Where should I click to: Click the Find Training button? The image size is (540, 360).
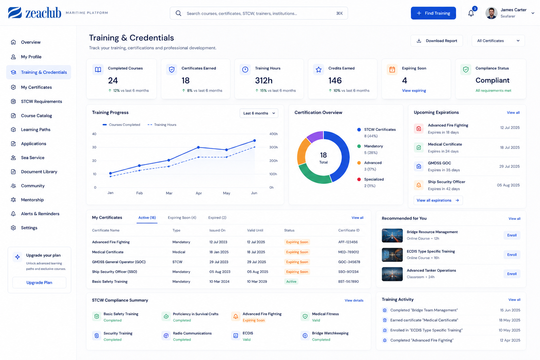point(433,13)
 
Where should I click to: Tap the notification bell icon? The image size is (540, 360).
point(471,13)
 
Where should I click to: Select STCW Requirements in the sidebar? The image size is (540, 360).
point(41,101)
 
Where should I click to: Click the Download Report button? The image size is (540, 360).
point(437,41)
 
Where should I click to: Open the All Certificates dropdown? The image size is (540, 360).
point(498,41)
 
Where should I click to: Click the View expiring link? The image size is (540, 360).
point(414,90)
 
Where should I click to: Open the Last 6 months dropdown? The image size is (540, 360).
point(259,113)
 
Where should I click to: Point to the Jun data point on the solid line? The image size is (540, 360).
point(255,141)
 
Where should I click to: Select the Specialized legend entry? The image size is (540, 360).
point(374,182)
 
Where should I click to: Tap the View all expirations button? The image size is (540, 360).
point(438,200)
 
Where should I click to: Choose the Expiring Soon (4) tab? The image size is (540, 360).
point(182,218)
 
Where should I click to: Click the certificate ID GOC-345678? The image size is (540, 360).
point(349,262)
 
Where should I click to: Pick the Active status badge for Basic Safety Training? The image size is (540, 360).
point(291,281)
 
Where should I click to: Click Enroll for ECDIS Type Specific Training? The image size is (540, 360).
point(512,255)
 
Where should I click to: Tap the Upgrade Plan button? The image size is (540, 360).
point(39,282)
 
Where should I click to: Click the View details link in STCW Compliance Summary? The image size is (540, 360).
point(354,301)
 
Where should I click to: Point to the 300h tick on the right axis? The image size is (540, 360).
point(274,147)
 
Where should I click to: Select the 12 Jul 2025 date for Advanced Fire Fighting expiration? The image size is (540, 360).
point(510,128)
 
